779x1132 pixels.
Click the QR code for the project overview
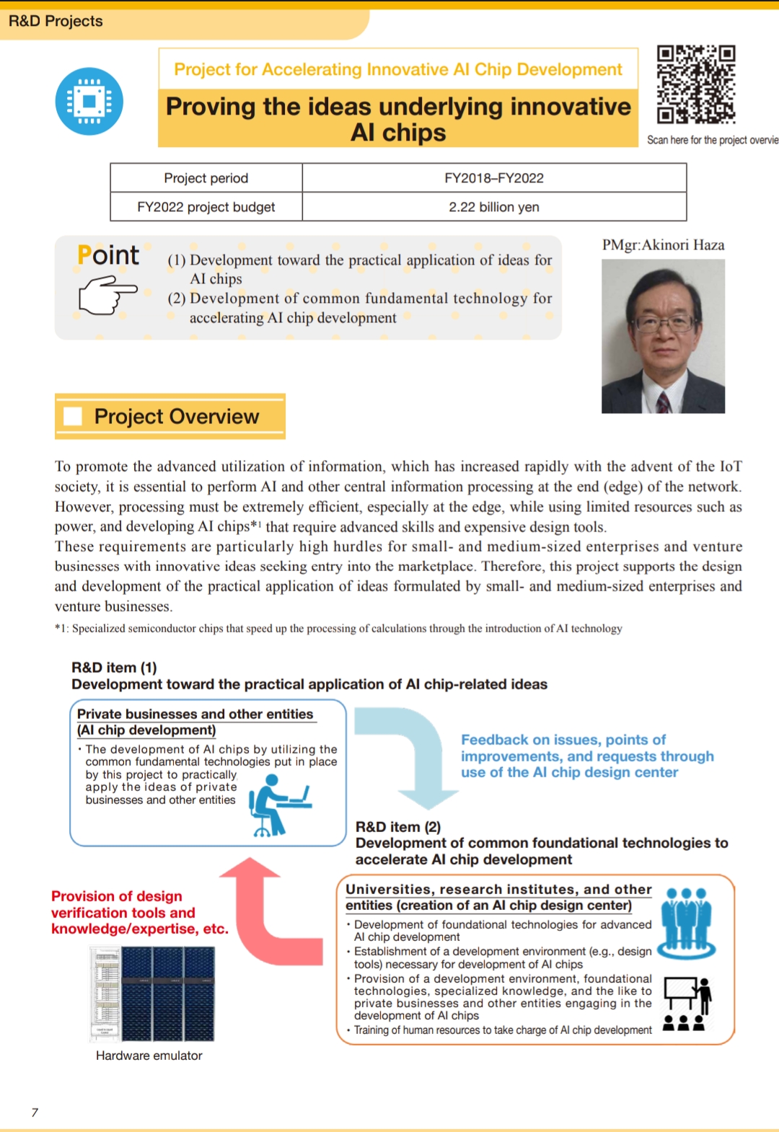(x=695, y=84)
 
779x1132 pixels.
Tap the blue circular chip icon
(x=89, y=102)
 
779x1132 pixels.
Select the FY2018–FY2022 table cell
(x=494, y=178)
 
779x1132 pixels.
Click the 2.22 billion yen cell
(x=494, y=207)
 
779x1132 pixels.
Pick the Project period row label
(x=206, y=178)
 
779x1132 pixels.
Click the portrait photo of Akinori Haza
(x=663, y=336)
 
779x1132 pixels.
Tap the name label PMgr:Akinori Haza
(x=663, y=245)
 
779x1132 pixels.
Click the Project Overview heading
(x=177, y=417)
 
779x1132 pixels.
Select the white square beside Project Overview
(x=73, y=417)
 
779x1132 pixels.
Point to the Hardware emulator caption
(x=149, y=1056)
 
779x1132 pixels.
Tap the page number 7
(x=35, y=1113)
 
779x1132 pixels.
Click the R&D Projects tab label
(x=56, y=21)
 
